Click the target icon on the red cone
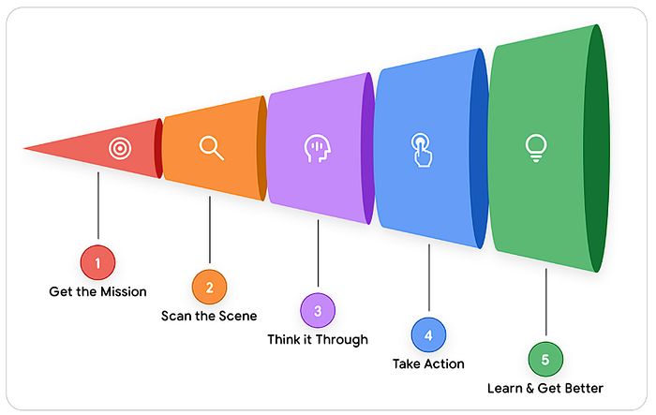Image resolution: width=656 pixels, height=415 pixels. [119, 148]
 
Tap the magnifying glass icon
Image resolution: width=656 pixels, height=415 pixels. [211, 148]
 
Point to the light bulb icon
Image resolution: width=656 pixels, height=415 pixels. [536, 148]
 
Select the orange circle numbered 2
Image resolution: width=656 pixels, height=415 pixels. [209, 287]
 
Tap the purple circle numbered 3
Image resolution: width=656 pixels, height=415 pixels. [318, 310]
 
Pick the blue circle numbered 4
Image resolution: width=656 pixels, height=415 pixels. [428, 334]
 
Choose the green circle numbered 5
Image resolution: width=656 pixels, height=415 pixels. [545, 359]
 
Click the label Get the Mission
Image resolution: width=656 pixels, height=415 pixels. [97, 291]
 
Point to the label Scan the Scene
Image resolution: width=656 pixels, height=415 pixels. [209, 316]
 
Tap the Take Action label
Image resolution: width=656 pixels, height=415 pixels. [429, 363]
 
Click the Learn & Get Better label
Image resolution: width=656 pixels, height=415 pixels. [545, 388]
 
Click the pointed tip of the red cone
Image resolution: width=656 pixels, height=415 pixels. [26, 148]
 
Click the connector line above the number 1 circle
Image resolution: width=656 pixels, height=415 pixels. [97, 206]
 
